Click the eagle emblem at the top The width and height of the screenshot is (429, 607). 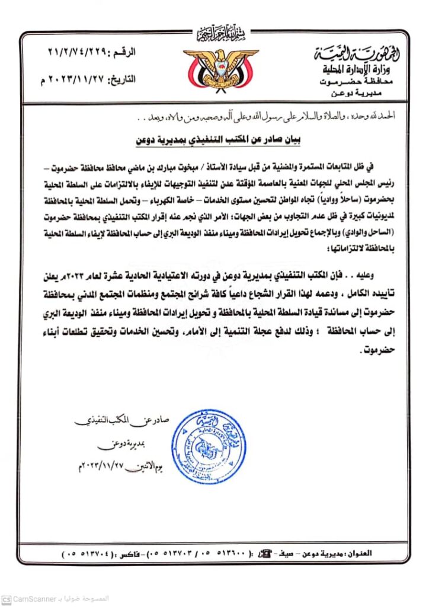(x=220, y=67)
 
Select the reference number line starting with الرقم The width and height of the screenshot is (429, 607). (x=92, y=53)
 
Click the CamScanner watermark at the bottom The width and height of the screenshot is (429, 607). (x=36, y=599)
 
